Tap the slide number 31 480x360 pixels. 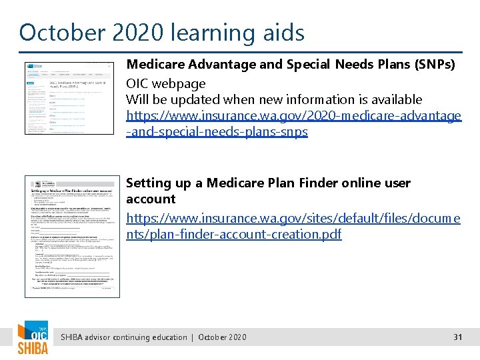(x=457, y=337)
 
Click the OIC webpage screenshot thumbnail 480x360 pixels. (x=69, y=98)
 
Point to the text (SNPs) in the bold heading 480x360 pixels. (x=433, y=65)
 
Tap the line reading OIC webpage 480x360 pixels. (x=166, y=83)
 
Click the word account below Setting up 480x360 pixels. (x=151, y=199)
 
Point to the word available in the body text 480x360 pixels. (x=392, y=99)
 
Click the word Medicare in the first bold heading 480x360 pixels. (x=153, y=65)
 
